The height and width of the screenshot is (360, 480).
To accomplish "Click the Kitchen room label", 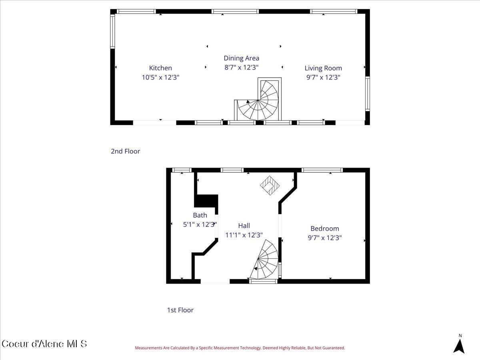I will point(160,68).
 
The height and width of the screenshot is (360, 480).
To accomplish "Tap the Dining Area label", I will point(241,58).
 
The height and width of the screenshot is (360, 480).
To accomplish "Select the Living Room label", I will point(323,68).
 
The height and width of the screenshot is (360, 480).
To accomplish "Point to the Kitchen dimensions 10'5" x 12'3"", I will point(160,77).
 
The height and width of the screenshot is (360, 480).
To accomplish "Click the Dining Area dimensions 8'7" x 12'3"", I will point(241,67).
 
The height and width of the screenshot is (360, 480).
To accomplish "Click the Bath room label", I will point(200,215).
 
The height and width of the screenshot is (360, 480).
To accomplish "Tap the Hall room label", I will point(244,226).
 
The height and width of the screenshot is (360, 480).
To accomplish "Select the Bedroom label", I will point(324,228).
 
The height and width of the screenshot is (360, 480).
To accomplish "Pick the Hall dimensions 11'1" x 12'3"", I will point(244,235).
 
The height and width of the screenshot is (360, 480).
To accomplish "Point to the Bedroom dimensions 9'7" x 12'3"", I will point(324,238).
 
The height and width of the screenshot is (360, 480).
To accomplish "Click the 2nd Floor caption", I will point(125,151).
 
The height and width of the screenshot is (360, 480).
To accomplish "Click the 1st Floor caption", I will point(180,310).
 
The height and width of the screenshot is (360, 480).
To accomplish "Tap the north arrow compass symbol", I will point(459,345).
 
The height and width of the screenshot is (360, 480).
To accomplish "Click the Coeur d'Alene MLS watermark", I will point(44,344).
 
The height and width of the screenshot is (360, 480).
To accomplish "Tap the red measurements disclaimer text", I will point(240,348).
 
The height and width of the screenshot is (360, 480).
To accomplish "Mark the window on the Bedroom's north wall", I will point(322,170).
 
